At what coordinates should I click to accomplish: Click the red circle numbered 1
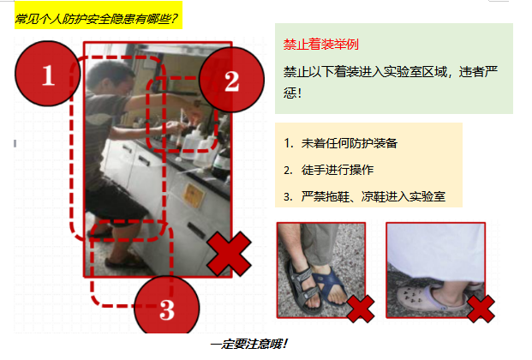[48, 74]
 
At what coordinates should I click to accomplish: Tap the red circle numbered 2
[231, 80]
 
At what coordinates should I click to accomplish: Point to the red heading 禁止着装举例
[321, 45]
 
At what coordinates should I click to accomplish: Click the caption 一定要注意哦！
[249, 344]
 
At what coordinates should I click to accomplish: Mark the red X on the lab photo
[230, 254]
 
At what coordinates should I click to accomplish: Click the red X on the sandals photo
[361, 309]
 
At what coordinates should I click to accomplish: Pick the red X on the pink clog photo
[481, 309]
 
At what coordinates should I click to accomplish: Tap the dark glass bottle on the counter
[221, 164]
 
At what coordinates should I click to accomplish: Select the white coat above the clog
[436, 252]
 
